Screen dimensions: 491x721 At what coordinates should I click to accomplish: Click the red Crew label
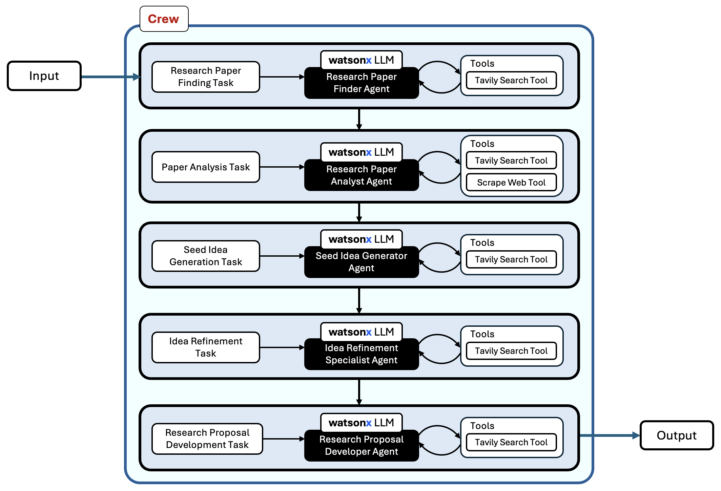point(163,19)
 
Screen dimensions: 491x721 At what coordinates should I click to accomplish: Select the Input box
point(44,76)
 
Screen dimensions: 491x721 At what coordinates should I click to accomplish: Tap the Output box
point(676,435)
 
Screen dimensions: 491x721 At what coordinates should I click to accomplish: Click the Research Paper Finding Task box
point(206,77)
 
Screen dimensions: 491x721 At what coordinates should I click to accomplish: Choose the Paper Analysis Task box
point(206,167)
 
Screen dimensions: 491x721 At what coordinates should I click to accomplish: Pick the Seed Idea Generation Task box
point(206,256)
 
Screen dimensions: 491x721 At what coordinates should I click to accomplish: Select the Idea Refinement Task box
point(206,347)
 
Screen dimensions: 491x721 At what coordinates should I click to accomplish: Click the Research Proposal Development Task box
point(207,439)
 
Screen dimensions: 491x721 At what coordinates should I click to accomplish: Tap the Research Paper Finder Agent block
point(361,83)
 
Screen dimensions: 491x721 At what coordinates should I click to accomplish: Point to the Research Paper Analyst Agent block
point(361,175)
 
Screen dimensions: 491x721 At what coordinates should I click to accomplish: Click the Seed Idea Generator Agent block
point(361,262)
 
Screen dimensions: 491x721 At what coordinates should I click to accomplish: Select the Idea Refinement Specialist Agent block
point(361,354)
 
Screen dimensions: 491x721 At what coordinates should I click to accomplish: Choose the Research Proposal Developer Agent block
point(361,446)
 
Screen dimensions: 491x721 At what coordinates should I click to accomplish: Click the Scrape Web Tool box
point(511,183)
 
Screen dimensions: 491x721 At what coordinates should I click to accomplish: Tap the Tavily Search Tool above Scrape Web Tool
point(511,161)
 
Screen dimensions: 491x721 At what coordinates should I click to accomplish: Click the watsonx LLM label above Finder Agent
point(361,60)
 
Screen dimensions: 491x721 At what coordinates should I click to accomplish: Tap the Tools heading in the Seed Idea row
point(482,243)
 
